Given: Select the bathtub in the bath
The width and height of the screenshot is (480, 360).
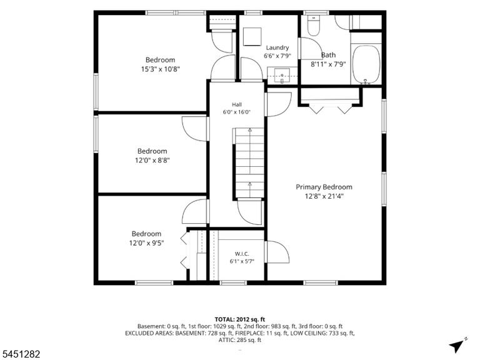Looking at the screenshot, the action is click(x=366, y=64).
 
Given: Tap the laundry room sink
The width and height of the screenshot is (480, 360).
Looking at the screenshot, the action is click(x=282, y=76).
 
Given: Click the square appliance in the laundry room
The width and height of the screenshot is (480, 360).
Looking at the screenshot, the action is click(x=252, y=37).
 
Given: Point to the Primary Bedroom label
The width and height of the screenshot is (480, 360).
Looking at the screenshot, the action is click(x=324, y=187).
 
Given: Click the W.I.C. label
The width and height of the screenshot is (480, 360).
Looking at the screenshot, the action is click(x=242, y=254).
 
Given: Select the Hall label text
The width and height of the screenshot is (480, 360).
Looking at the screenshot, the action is click(x=237, y=104).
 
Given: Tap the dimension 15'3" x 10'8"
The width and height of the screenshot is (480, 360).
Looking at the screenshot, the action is click(x=160, y=69).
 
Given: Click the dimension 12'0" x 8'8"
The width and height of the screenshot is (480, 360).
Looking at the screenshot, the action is click(x=152, y=160).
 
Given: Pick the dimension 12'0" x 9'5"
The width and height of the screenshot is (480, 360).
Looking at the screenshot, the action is click(x=146, y=243).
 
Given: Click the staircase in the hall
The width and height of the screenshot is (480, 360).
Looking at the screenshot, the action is click(x=249, y=164).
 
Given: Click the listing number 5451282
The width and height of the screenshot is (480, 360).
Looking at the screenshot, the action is click(x=20, y=354).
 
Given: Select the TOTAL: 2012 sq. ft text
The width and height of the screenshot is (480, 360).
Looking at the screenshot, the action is click(x=240, y=320).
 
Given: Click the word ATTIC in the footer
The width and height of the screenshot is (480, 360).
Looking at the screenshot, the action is click(x=226, y=340).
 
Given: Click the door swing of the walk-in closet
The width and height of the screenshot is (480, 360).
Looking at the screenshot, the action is click(x=277, y=252).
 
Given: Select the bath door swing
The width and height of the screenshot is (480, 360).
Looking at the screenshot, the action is click(x=311, y=49).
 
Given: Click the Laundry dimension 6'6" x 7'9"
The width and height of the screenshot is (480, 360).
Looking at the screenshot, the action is click(x=277, y=56).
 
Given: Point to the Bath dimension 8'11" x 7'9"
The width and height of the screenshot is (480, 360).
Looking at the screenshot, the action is click(x=328, y=64).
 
